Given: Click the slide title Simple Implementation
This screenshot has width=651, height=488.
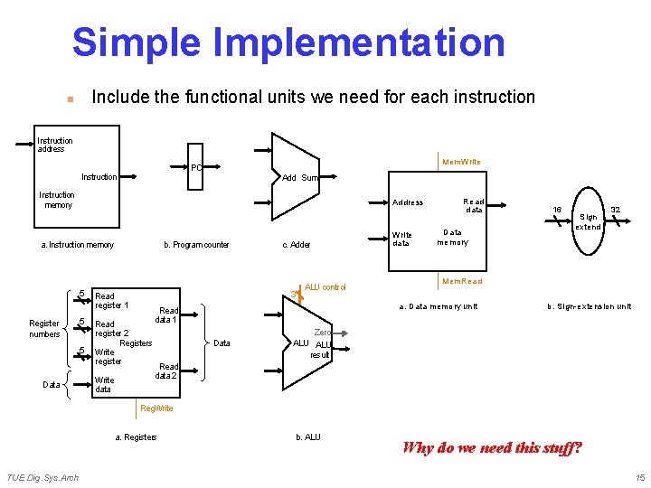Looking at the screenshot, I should click(288, 42).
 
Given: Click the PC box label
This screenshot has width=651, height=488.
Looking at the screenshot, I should click(195, 167).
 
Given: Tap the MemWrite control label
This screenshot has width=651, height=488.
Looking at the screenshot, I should click(461, 162).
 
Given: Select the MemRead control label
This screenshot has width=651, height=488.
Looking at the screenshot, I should click(462, 281).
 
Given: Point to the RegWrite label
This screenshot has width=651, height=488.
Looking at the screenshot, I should click(156, 408).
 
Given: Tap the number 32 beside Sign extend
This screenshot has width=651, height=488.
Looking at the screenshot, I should click(615, 210).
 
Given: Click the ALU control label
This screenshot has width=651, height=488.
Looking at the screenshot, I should click(325, 287).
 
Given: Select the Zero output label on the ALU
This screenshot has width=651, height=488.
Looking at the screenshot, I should click(322, 333).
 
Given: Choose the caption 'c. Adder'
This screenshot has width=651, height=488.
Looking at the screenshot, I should click(297, 245).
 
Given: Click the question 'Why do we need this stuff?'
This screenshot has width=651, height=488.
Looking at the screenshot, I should click(492, 447).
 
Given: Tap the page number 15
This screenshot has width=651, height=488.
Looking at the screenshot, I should click(639, 477).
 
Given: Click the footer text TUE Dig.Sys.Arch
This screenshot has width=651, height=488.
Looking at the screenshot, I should click(42, 477).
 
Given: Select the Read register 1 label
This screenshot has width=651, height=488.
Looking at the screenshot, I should click(112, 301).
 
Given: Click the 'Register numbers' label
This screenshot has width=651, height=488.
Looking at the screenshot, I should click(44, 328).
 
